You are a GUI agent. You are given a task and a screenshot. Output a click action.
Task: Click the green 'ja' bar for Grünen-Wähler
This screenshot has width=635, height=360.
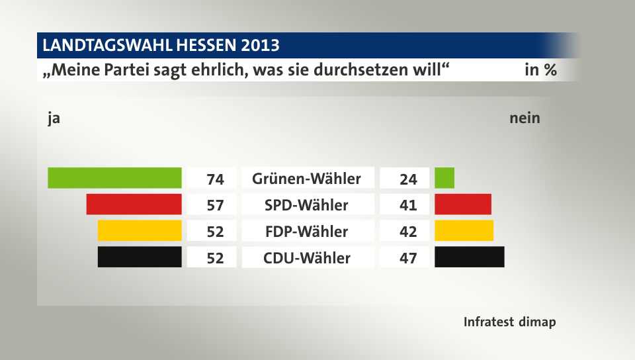pos(114,178)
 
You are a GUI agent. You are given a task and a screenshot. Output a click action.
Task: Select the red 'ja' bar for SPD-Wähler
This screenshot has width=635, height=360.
pos(134,204)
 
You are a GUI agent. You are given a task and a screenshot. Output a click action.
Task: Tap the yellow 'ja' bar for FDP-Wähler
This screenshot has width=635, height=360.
pos(140,231)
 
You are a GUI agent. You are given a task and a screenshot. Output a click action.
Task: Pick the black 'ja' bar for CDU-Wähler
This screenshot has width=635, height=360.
pos(140,257)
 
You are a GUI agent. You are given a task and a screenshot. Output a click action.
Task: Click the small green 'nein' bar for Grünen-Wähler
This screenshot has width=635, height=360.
pos(444,178)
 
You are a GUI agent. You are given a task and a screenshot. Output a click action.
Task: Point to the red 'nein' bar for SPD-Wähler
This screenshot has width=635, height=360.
pos(463,204)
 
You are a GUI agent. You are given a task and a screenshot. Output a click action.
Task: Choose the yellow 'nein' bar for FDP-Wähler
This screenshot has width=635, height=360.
pos(464,231)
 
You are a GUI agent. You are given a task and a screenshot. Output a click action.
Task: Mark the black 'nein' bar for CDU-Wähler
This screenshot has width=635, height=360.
pos(470,257)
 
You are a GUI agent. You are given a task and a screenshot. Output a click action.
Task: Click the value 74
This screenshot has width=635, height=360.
pos(215,179)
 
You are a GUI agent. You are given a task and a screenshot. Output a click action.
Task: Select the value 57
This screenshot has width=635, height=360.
pos(215,205)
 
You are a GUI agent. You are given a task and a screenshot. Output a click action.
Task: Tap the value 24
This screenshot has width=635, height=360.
pos(408,179)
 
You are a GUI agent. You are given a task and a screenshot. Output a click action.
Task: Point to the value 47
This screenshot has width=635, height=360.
pos(408,257)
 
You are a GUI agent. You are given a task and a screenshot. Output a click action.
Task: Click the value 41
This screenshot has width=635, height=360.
pos(408,205)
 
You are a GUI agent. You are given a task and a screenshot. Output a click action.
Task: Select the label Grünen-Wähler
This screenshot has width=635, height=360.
pos(306,179)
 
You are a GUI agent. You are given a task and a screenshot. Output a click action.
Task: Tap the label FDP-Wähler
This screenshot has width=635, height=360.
pos(306,232)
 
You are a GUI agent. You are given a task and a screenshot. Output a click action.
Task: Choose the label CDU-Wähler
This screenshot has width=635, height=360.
pos(306,257)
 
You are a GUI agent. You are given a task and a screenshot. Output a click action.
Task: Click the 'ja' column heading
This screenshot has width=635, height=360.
pos(54,118)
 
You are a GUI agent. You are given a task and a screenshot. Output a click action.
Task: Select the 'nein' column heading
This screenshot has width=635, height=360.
pos(525,118)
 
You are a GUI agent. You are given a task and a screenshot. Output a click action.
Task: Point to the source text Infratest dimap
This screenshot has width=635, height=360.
pos(509,322)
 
